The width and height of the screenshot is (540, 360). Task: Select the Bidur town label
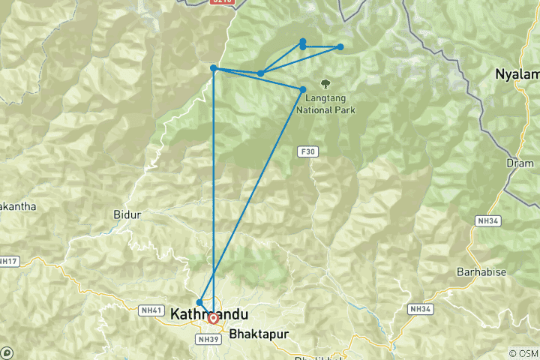tap(127, 214)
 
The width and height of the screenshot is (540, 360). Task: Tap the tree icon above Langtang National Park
tap(325, 84)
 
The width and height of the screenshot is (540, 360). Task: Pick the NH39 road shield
tap(207, 338)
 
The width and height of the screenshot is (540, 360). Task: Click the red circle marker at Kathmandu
tap(214, 318)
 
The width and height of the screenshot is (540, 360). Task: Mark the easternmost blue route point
tap(340, 47)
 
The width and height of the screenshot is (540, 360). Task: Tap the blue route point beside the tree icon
tap(303, 90)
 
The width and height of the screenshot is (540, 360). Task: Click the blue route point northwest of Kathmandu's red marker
tap(199, 302)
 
